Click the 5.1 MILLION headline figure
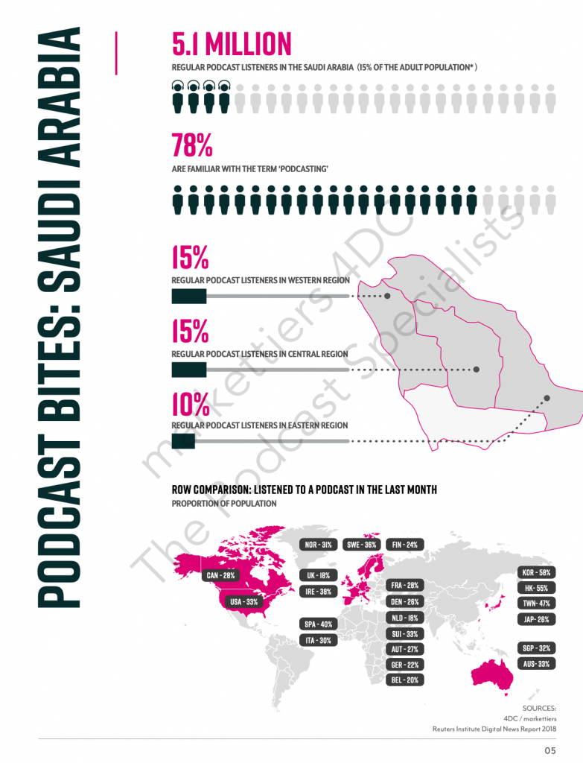point(232,45)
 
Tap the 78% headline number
point(191,144)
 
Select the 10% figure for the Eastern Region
point(191,405)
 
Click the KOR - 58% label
point(535,572)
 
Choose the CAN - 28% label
point(220,575)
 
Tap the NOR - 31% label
point(318,545)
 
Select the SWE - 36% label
point(361,545)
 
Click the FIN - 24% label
point(405,545)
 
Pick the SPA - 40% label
point(318,624)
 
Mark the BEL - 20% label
point(405,680)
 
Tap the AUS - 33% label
point(535,663)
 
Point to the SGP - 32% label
point(535,648)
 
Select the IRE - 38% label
point(318,591)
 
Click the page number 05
point(549,750)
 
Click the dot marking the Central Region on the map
point(477,370)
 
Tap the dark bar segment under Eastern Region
point(183,442)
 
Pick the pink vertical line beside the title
point(116,54)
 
